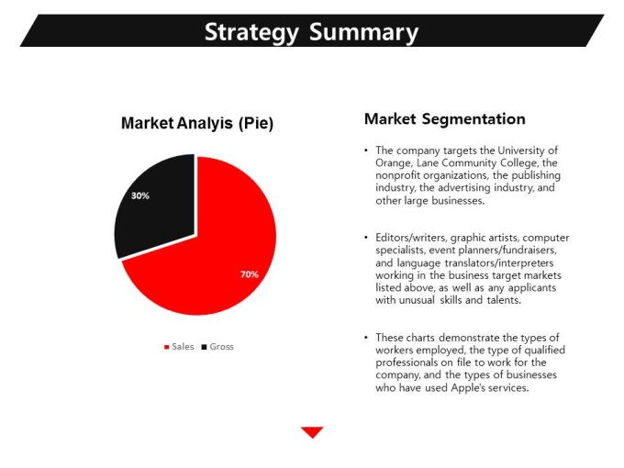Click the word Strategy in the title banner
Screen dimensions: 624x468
click(x=251, y=33)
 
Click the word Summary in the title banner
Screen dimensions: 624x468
click(x=363, y=33)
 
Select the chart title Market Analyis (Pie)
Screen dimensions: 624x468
click(x=197, y=123)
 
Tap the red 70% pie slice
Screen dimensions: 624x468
click(x=223, y=259)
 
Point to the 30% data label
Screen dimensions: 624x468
click(x=140, y=195)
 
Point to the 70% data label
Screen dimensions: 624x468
click(x=249, y=274)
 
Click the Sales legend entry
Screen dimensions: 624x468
click(x=179, y=347)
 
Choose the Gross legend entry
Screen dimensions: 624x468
click(x=217, y=347)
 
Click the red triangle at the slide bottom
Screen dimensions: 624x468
click(x=312, y=431)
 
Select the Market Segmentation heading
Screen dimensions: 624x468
click(x=445, y=119)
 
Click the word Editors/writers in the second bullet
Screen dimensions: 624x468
click(x=411, y=238)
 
